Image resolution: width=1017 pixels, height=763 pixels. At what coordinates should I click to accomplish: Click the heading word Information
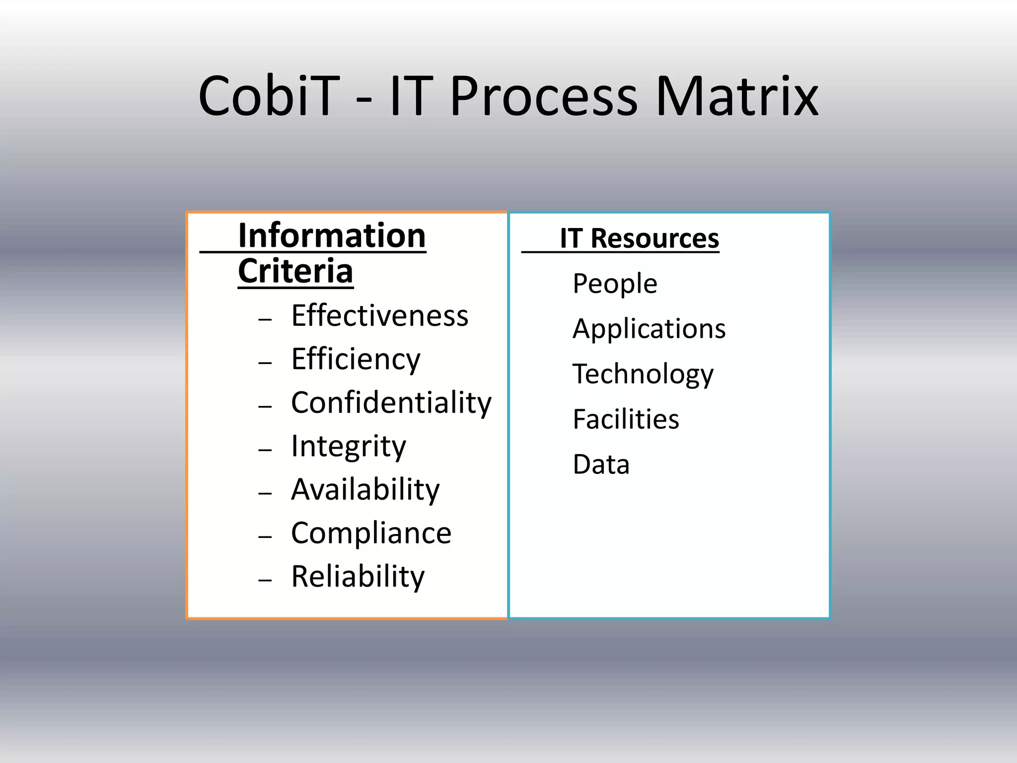click(332, 235)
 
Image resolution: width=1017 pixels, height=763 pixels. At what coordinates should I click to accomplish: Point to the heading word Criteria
click(295, 271)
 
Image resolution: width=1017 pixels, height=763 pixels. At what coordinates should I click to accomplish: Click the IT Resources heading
click(639, 238)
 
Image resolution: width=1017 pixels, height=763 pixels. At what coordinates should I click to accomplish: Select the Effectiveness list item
click(379, 315)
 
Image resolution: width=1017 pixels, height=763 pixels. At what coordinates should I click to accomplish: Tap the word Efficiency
click(356, 359)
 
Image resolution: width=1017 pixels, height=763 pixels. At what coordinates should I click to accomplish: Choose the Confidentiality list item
click(391, 402)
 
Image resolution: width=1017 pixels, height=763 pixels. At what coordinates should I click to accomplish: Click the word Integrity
click(348, 446)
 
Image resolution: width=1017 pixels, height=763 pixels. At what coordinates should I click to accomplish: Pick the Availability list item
click(365, 489)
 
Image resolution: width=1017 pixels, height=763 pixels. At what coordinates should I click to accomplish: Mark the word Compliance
click(371, 533)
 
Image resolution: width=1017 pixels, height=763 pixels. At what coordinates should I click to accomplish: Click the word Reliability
click(358, 576)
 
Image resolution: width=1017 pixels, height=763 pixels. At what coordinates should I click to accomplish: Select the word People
click(615, 284)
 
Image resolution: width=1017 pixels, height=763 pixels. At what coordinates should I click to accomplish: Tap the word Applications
click(649, 329)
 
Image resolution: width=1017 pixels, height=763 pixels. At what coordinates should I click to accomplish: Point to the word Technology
click(643, 374)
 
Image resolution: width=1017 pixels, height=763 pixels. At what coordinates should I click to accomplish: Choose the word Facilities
click(626, 419)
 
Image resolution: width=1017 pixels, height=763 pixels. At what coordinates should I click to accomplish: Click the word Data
click(601, 464)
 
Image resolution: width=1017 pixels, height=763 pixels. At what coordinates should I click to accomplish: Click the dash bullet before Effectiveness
click(265, 319)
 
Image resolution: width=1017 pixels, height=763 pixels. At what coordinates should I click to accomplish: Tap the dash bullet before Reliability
click(265, 580)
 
